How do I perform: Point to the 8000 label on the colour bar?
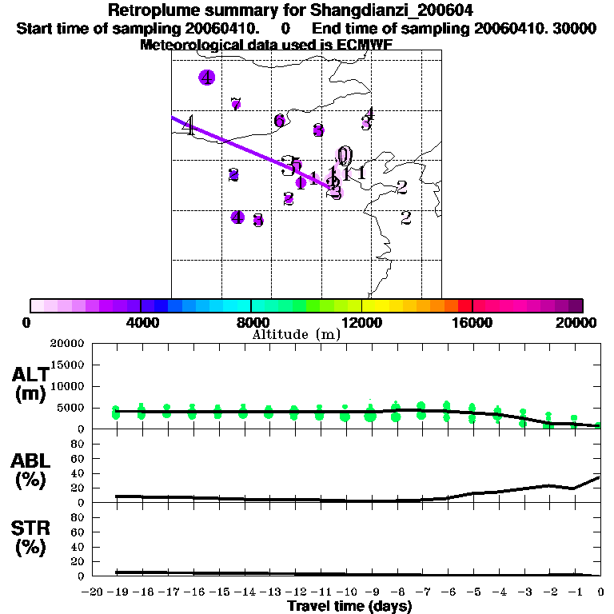[x=251, y=322]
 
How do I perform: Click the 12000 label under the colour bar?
[x=361, y=322]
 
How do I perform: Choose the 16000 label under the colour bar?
[x=472, y=322]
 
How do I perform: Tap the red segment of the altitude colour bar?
[x=464, y=305]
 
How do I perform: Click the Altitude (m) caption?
[x=296, y=335]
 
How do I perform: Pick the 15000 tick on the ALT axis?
[x=67, y=365]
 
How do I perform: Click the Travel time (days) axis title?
[x=349, y=606]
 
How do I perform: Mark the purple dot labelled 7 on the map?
[x=236, y=104]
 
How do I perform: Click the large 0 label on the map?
[x=345, y=154]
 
